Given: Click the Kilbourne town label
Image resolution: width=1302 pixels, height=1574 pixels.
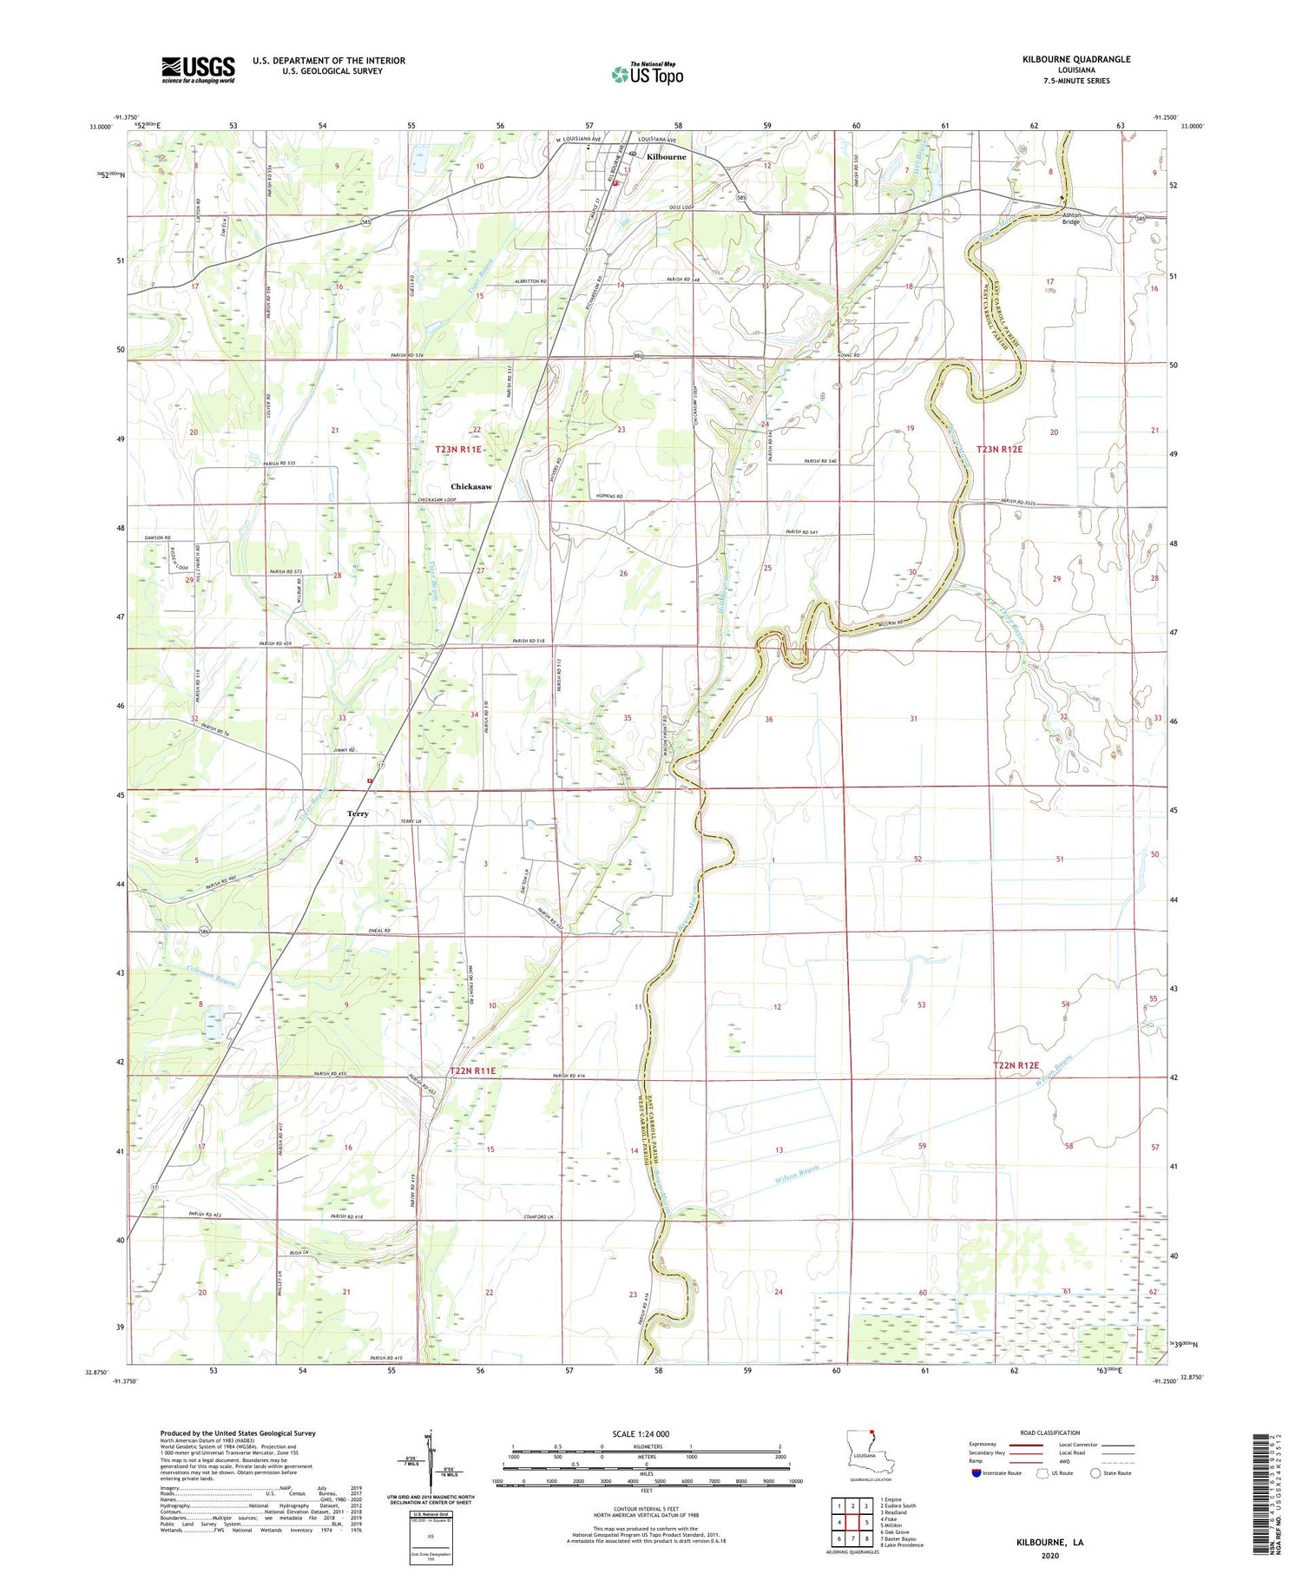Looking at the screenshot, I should (666, 157).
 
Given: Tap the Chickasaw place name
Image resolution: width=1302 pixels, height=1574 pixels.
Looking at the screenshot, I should (470, 486).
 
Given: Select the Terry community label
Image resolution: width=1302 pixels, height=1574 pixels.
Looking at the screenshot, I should (358, 813).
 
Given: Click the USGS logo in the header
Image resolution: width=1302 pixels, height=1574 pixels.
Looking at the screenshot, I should (198, 69).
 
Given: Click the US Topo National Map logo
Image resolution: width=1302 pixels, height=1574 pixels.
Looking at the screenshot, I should (647, 74).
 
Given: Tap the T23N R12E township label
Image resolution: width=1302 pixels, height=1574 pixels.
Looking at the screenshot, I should (1000, 449).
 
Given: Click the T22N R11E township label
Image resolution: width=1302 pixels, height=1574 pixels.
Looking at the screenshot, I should (473, 1070).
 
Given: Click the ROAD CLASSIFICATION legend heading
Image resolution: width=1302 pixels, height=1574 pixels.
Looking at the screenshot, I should (1049, 1432).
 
